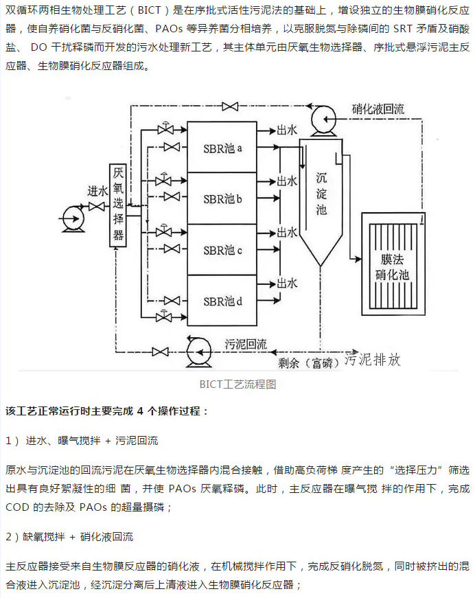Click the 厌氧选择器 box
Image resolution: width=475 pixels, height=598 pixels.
[x=119, y=206]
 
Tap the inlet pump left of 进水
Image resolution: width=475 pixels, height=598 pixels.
[x=71, y=218]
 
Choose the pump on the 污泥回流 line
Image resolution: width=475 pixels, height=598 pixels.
[x=198, y=352]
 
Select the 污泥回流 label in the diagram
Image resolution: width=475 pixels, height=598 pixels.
[x=245, y=344]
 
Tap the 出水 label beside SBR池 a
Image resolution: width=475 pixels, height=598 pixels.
[x=286, y=130]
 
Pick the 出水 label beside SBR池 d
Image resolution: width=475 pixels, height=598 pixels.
[x=286, y=283]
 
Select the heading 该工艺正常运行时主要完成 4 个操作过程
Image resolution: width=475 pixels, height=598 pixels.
[x=107, y=411]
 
